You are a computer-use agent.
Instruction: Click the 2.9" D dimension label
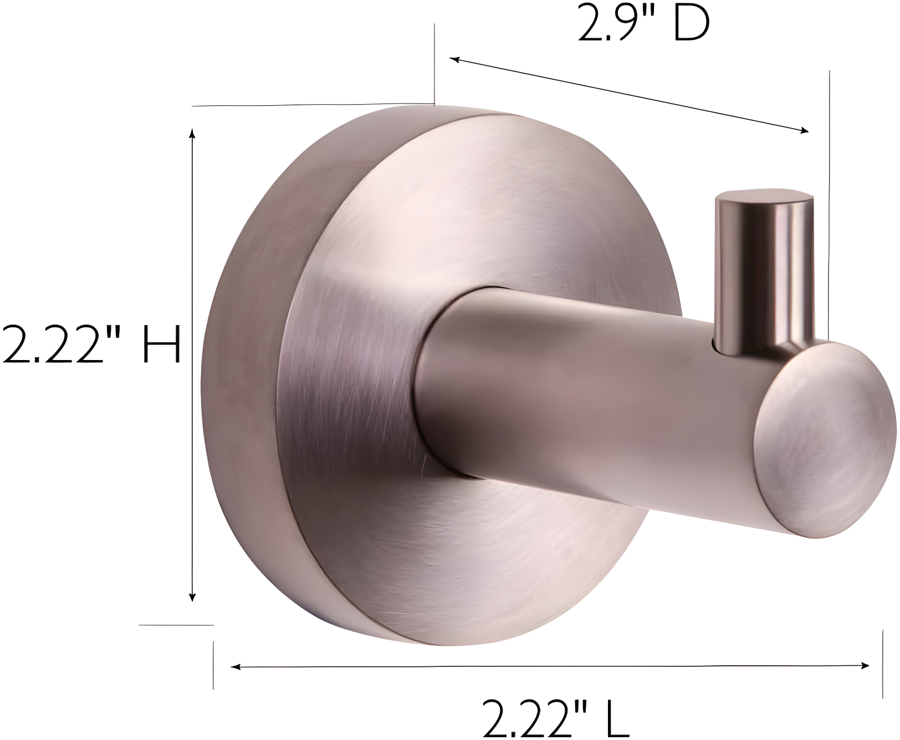point(643,25)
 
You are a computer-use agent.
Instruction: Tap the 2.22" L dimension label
point(555,718)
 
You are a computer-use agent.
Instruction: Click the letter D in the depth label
point(691,25)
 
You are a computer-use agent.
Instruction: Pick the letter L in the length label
point(617,718)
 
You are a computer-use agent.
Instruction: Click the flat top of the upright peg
point(764,198)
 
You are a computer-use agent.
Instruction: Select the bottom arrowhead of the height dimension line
point(192,597)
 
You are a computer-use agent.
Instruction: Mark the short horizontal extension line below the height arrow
point(176,625)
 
